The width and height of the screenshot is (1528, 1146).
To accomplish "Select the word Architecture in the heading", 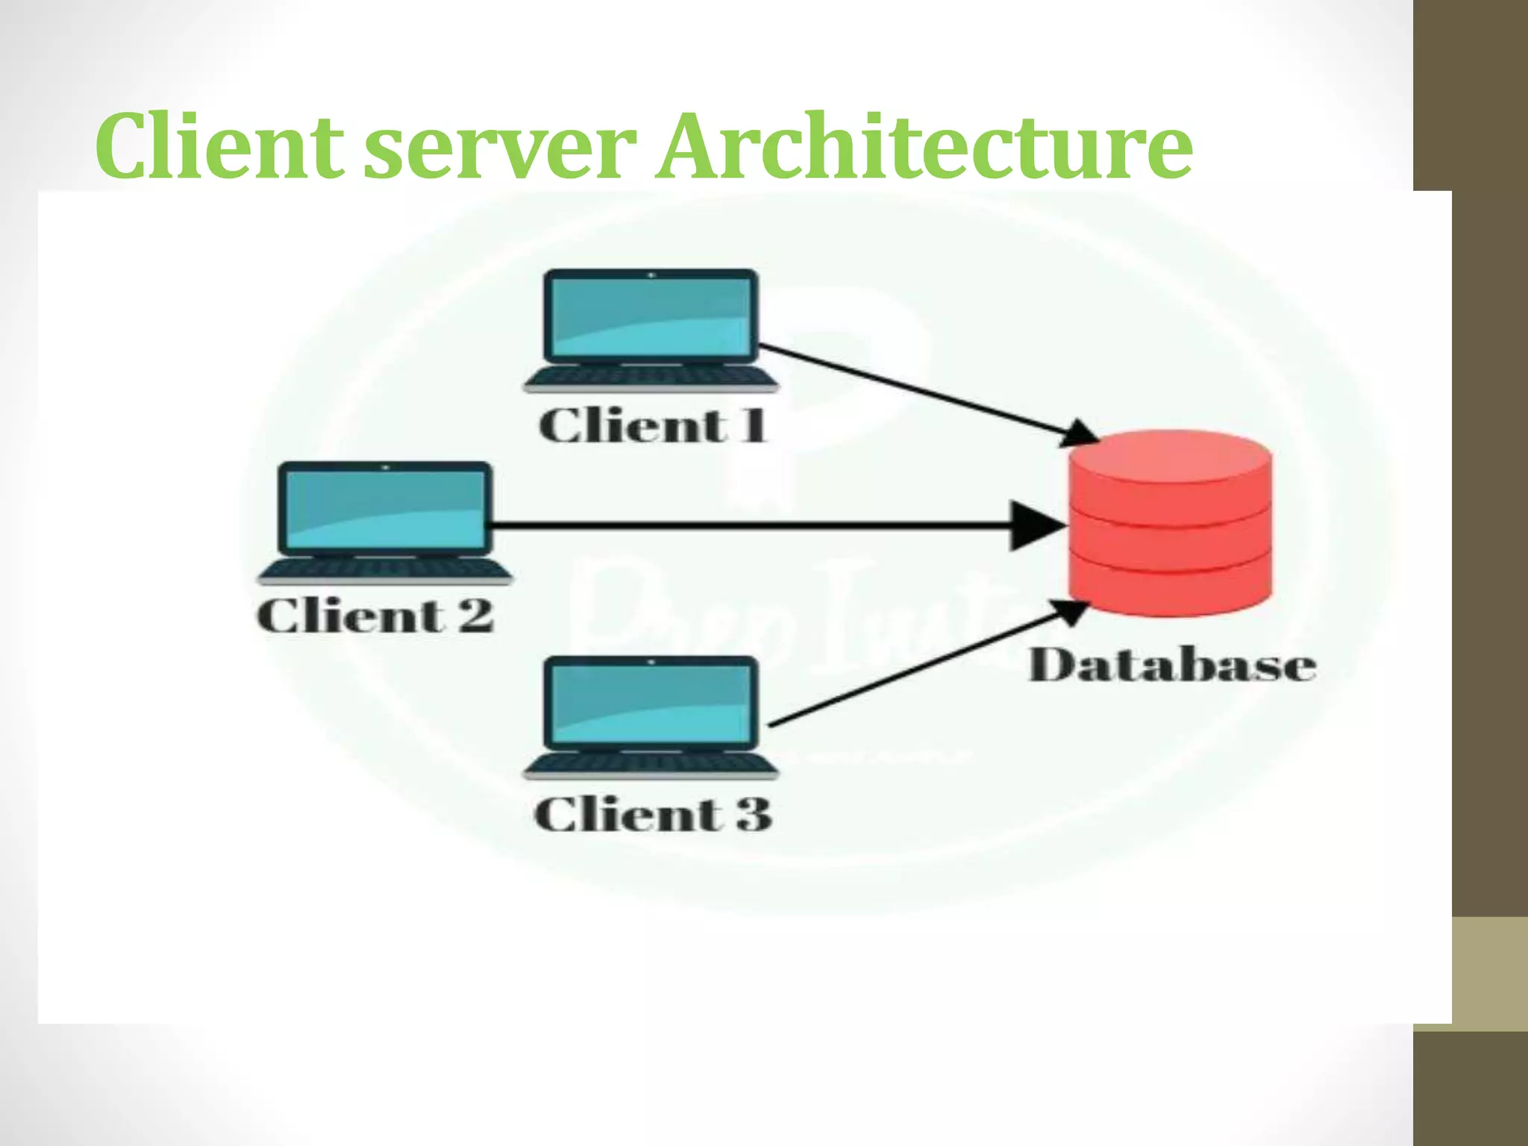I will click(x=924, y=146).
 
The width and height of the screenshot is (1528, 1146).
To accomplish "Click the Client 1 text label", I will click(x=652, y=426).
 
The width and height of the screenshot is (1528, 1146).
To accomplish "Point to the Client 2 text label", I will click(x=375, y=616).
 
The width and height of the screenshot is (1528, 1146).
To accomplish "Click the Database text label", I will click(x=1172, y=666).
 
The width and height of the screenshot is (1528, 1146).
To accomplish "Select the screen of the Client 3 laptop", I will click(x=651, y=703).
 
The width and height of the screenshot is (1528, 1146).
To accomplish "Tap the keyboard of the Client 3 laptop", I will click(x=651, y=764).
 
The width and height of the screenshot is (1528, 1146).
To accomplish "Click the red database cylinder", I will click(x=1170, y=537).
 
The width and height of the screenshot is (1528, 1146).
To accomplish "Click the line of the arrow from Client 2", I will click(x=746, y=526).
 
